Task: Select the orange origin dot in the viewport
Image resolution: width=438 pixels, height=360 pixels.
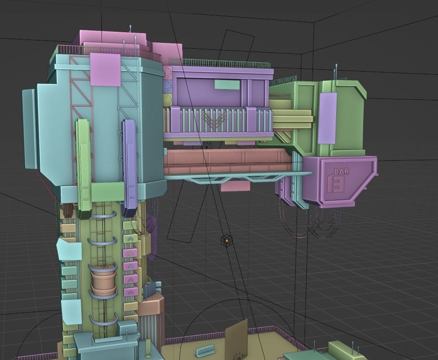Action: point(226,240)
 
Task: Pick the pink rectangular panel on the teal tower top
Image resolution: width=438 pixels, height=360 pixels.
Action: point(105,69)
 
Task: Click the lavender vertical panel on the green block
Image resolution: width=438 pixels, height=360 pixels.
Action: point(328,118)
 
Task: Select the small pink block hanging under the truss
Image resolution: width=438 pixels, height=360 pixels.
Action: point(236,186)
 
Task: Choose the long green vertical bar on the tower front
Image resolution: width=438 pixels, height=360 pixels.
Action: point(84,165)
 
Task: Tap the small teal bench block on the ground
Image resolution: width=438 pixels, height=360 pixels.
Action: point(205,351)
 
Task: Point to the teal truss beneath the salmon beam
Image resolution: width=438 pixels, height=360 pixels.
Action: point(232,177)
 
